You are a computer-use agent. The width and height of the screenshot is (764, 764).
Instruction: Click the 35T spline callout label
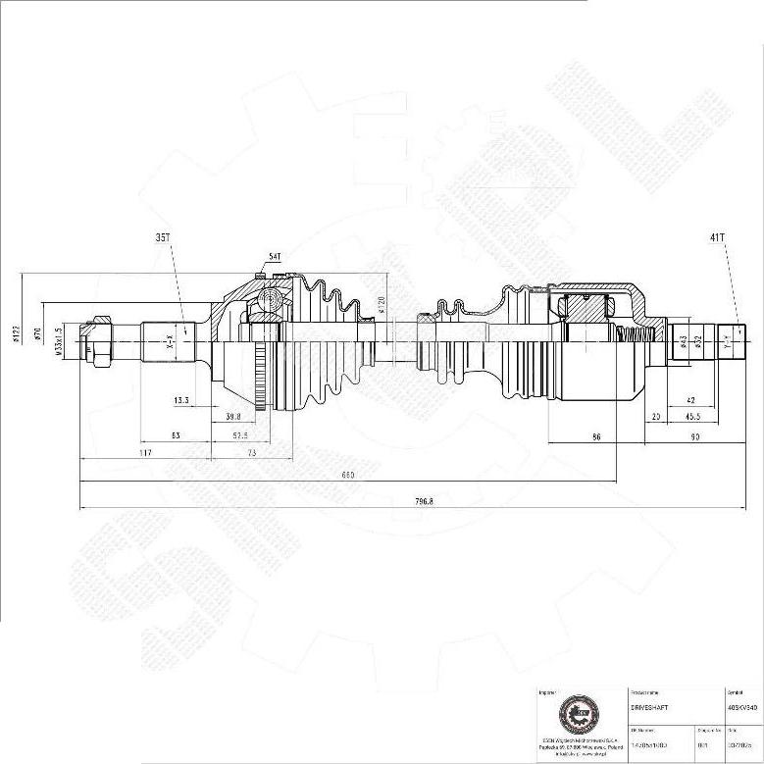163,237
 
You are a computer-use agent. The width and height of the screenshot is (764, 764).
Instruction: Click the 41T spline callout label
717,237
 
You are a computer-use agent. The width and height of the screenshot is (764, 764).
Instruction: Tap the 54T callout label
274,257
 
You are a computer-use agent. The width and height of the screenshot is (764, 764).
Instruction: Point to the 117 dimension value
146,452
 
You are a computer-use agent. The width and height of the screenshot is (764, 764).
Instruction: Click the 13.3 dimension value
181,400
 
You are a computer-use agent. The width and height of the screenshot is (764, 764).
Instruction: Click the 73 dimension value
251,452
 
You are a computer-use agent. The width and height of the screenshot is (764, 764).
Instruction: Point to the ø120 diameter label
381,305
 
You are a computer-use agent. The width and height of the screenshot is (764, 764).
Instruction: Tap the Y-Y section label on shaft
726,343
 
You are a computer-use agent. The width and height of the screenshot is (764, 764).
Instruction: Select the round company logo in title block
576,714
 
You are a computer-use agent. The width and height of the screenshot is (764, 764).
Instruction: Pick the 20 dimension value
655,416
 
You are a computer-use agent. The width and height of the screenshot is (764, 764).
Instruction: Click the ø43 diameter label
683,342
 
